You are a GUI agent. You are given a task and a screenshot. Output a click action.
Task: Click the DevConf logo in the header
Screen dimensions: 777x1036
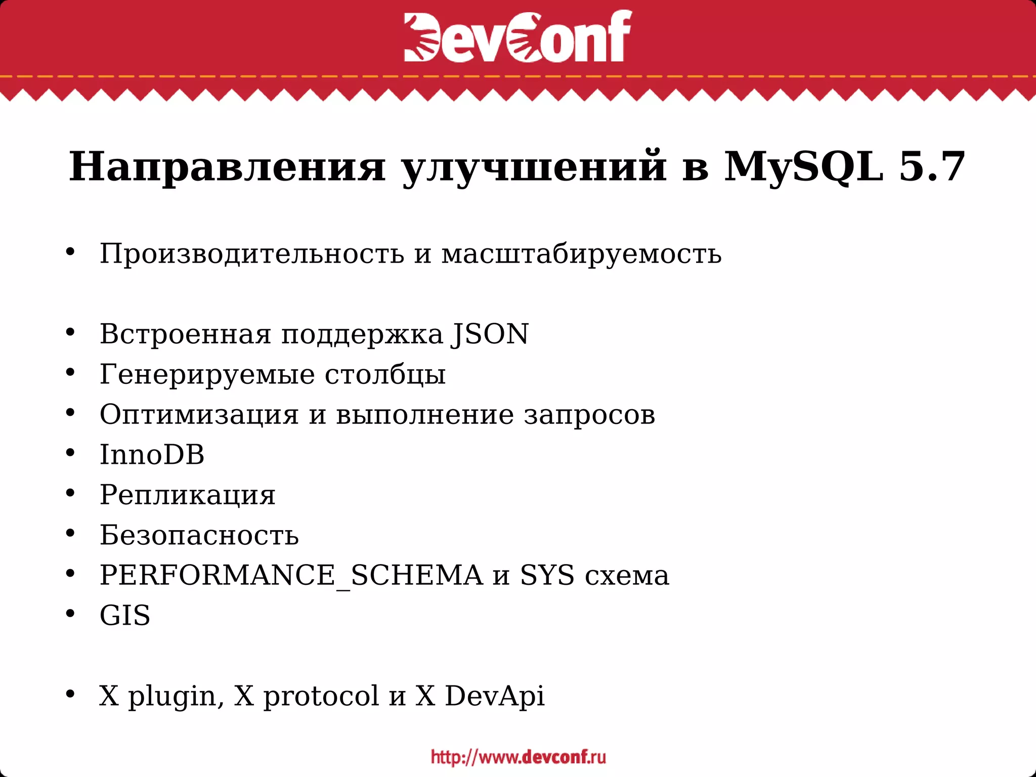[x=517, y=36]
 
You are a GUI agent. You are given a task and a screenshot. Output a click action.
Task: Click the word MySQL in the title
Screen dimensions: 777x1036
[x=804, y=167]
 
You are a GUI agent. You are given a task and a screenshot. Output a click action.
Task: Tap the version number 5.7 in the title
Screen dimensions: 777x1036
[x=931, y=167]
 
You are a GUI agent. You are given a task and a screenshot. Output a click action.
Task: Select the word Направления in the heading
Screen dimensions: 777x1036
[x=227, y=167]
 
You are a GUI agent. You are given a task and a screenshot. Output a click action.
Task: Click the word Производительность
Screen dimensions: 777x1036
[x=251, y=253]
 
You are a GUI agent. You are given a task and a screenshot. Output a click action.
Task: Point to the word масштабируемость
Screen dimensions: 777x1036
[x=581, y=253]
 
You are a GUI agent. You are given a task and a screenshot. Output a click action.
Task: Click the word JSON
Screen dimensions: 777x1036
[x=490, y=334]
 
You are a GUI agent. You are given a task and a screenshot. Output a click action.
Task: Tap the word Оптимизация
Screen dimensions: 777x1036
[x=199, y=415]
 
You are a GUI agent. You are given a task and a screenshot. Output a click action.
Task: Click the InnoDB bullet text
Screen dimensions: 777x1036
[x=152, y=454]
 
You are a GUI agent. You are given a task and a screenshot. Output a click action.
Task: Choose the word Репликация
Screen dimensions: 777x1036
[x=187, y=495]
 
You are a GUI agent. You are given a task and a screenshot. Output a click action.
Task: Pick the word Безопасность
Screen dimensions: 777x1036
[x=199, y=535]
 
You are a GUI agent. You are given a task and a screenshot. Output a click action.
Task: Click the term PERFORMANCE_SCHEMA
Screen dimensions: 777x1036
[x=291, y=575]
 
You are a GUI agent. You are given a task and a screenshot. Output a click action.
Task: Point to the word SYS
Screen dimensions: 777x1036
[x=547, y=575]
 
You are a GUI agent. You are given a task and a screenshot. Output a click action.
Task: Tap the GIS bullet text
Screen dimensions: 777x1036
[x=125, y=616]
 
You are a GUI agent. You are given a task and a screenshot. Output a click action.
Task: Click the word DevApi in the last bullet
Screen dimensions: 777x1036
[x=494, y=696]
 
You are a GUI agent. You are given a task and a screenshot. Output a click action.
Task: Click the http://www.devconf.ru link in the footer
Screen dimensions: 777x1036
[x=518, y=757]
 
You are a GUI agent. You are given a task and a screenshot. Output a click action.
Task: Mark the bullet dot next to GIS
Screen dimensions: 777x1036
[x=70, y=614]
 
